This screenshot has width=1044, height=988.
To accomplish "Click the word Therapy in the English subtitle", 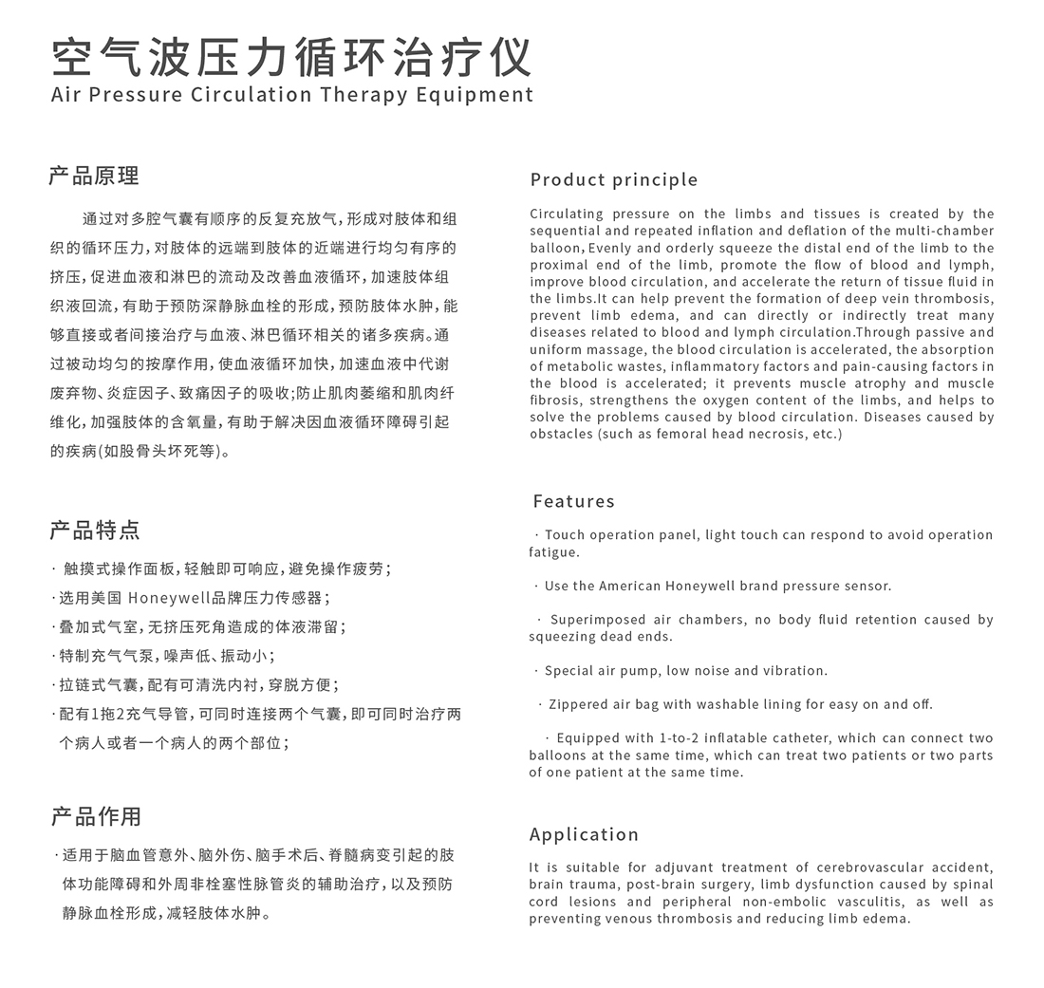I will coord(364,95).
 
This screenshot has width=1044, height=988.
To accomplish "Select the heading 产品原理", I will coord(94,176).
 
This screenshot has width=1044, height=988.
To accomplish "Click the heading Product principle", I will coord(614,179).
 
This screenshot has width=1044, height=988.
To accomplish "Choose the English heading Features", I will coord(573,501).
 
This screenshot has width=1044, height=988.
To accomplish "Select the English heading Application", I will coord(584,834).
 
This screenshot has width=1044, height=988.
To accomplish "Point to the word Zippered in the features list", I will coord(579,704).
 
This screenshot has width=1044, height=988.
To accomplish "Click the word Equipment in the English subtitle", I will coord(485,95).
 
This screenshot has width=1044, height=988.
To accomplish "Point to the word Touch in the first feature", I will coord(565,535).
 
